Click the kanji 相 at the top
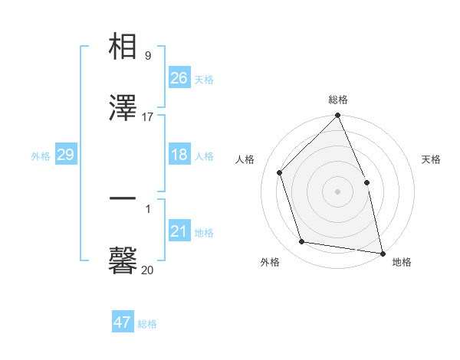pyautogui.click(x=123, y=47)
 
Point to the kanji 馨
pyautogui.click(x=123, y=260)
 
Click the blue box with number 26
pyautogui.click(x=179, y=77)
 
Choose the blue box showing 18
pyautogui.click(x=179, y=155)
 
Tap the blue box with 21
pyautogui.click(x=179, y=231)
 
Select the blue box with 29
pyautogui.click(x=65, y=155)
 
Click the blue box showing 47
pyautogui.click(x=123, y=322)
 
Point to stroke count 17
pyautogui.click(x=148, y=117)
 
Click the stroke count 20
pyautogui.click(x=148, y=270)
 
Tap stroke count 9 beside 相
pyautogui.click(x=148, y=56)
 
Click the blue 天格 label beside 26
pyautogui.click(x=204, y=79)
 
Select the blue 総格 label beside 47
pyautogui.click(x=147, y=324)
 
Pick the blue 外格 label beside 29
pyautogui.click(x=41, y=156)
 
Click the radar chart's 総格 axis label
pyautogui.click(x=338, y=100)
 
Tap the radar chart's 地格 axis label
pyautogui.click(x=402, y=263)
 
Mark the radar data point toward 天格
pyautogui.click(x=366, y=182)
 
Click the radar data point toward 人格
pyautogui.click(x=280, y=172)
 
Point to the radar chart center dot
pyautogui.click(x=338, y=191)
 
